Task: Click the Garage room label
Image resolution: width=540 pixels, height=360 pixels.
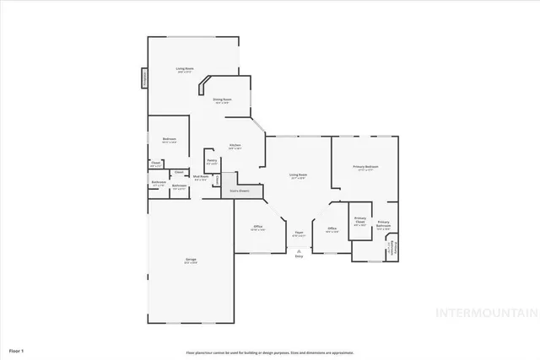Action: click(x=191, y=261)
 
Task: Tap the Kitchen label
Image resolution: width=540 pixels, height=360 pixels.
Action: click(x=235, y=147)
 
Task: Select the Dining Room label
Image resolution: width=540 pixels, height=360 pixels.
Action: click(x=222, y=101)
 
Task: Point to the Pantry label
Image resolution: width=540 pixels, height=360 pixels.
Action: click(x=212, y=160)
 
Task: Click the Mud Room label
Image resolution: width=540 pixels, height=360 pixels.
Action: click(x=200, y=178)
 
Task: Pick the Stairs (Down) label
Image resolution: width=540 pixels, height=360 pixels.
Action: click(x=240, y=191)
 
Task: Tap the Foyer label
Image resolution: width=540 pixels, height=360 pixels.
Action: click(x=299, y=234)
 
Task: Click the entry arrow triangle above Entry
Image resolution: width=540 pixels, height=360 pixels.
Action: click(x=299, y=250)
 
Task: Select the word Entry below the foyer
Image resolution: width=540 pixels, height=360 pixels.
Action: click(x=299, y=256)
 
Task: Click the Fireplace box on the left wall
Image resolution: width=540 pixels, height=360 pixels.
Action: click(x=143, y=78)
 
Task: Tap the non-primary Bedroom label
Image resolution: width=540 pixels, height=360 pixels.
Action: click(x=170, y=140)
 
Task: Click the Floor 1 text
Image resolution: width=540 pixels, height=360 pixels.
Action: click(x=17, y=349)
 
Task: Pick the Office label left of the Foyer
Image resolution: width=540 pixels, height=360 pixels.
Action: click(x=258, y=228)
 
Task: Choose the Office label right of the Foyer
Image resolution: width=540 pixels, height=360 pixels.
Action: click(x=332, y=229)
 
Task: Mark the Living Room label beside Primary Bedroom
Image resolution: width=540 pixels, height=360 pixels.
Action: click(x=298, y=176)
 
